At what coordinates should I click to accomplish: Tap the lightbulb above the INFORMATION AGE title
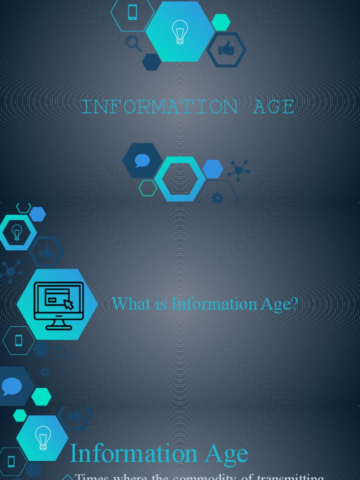click(180, 32)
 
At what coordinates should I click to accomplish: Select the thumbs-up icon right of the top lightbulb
click(226, 49)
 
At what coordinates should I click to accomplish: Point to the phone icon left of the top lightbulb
click(132, 12)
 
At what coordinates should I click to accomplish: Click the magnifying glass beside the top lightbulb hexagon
click(134, 43)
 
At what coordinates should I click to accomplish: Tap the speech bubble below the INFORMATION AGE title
click(142, 161)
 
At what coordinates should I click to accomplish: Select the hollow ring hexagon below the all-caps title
click(180, 179)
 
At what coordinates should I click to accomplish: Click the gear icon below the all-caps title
click(217, 197)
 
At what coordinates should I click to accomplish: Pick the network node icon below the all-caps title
click(239, 170)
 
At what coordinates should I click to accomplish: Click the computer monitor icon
click(59, 305)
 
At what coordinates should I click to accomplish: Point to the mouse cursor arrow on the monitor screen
click(68, 304)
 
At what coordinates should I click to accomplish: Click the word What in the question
click(126, 304)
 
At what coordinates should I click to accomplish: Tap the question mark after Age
click(294, 304)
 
